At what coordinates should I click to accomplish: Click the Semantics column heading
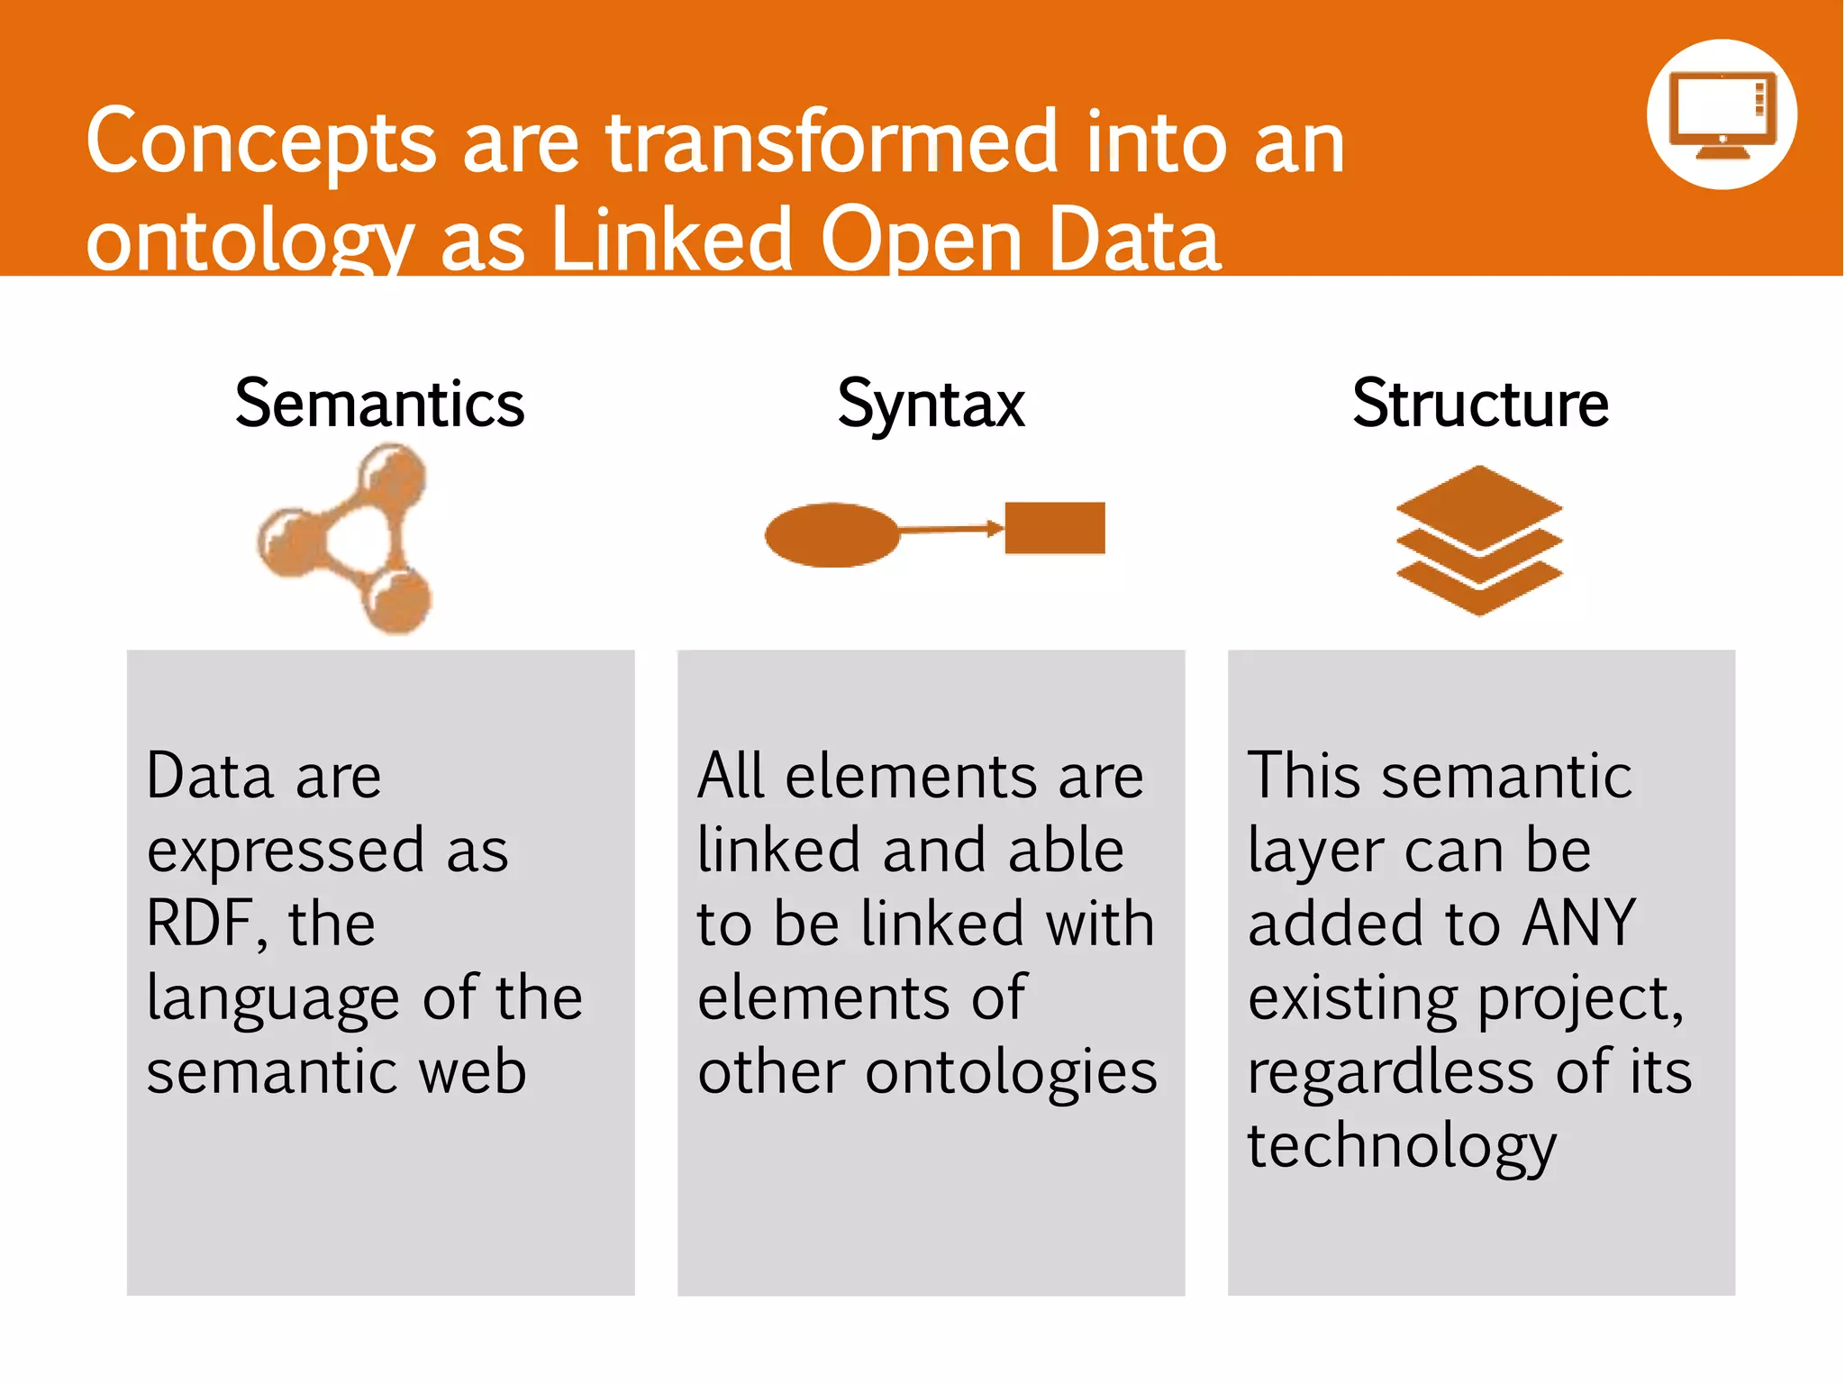[379, 404]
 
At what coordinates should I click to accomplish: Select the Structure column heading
[1480, 404]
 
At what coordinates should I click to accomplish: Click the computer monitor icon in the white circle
[1722, 115]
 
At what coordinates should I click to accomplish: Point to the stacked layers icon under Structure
[1478, 540]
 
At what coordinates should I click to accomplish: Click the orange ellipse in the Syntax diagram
[831, 534]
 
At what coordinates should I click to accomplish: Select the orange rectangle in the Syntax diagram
[1054, 528]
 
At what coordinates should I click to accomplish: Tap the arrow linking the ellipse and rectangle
[951, 530]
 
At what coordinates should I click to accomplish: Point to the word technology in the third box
[1402, 1147]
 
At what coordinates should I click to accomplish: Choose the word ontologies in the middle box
[1011, 1073]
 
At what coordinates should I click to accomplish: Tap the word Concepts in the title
[261, 144]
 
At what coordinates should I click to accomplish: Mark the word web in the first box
[474, 1072]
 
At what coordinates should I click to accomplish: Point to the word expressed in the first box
[285, 852]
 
